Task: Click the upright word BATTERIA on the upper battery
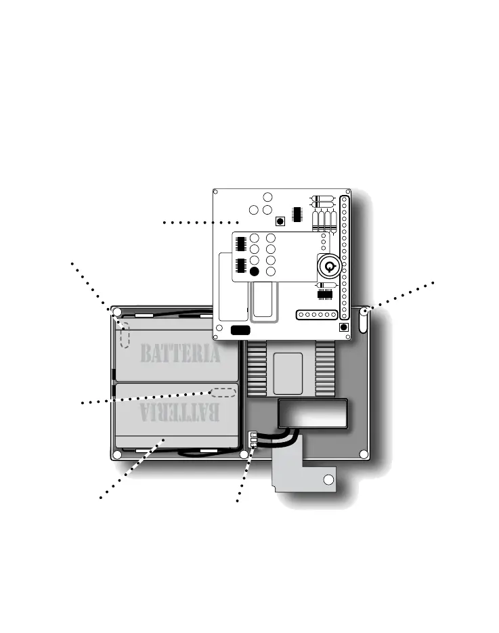(x=180, y=353)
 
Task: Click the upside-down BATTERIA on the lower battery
(x=180, y=411)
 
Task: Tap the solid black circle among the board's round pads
(x=255, y=271)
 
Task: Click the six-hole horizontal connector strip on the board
(x=317, y=315)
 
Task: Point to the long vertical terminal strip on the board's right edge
(x=345, y=257)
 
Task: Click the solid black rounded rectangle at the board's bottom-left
(x=240, y=330)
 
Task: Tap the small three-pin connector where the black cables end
(x=253, y=439)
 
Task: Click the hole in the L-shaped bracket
(x=328, y=480)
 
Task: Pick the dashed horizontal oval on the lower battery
(x=223, y=392)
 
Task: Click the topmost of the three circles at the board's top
(x=267, y=197)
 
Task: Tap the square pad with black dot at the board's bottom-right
(x=343, y=327)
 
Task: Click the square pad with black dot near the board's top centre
(x=280, y=221)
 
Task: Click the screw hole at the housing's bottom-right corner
(x=364, y=454)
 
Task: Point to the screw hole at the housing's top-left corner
(x=117, y=312)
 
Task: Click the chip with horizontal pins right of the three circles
(x=297, y=213)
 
